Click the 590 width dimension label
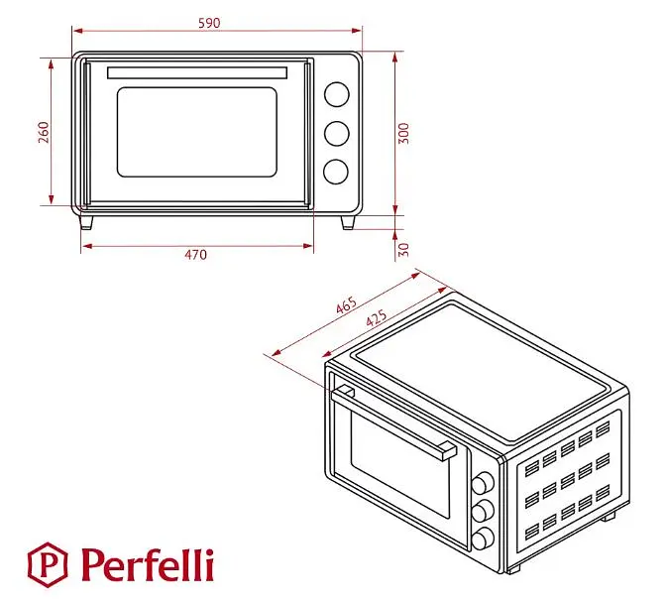coord(209,23)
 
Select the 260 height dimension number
coord(44,132)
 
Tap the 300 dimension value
coord(404,133)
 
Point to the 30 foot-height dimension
coord(404,249)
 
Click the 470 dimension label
coord(196,255)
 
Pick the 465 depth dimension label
coord(347,305)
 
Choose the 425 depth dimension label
coord(377,317)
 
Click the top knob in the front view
coord(337,94)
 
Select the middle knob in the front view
coord(337,134)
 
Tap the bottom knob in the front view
coord(336,172)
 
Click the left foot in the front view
coord(86,222)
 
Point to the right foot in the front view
coord(348,222)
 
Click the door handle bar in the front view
coord(197,72)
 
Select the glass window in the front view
coord(197,132)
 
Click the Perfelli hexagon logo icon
coord(48,564)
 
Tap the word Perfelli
coord(148,564)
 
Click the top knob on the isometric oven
coord(483,483)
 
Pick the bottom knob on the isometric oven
coord(483,539)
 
